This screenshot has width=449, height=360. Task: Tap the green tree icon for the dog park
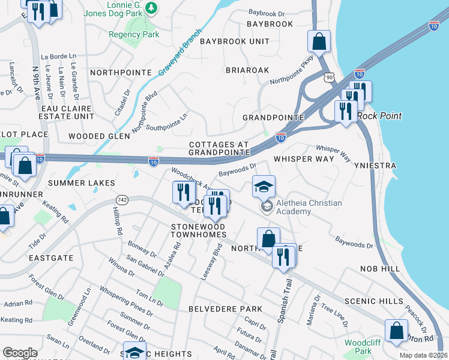152,7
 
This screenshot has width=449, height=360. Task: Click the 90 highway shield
328,77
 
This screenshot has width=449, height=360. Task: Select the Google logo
20,353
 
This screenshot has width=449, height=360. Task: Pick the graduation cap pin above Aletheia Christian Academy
264,187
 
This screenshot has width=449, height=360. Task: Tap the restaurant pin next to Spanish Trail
284,256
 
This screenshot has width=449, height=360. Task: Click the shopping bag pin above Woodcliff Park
396,331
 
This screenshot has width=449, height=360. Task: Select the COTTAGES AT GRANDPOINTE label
218,149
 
